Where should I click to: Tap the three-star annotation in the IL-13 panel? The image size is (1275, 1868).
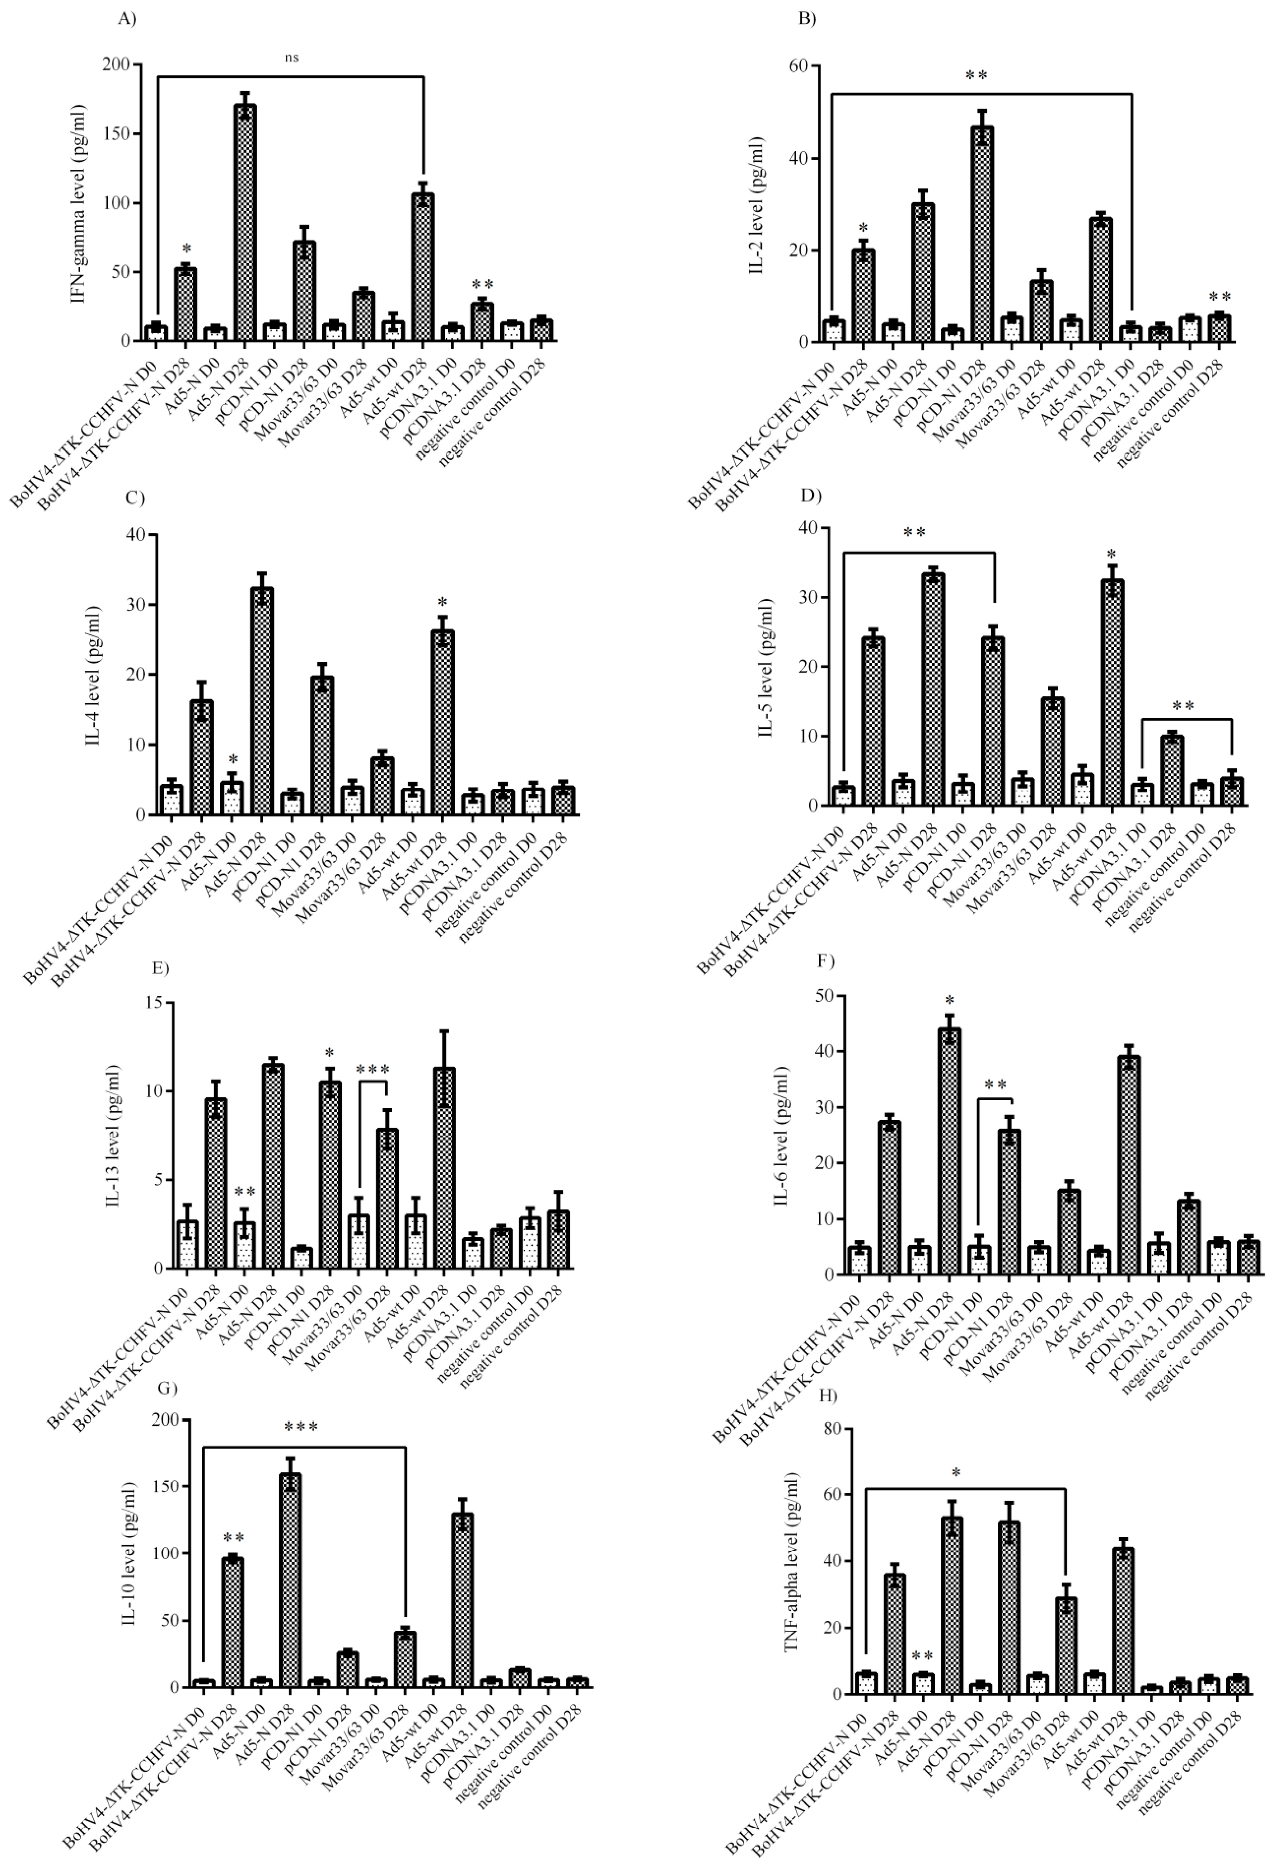[372, 1070]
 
